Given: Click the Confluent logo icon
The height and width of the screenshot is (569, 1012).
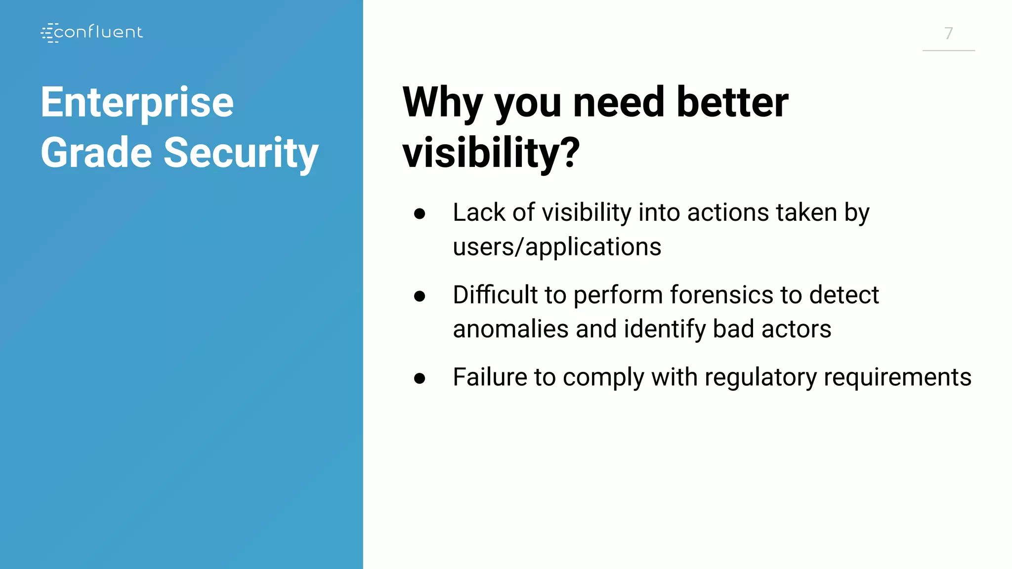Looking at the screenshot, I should coord(49,33).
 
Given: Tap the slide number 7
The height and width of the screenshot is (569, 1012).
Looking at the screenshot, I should coord(948,34).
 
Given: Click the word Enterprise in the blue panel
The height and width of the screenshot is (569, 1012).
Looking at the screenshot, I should coord(137,103).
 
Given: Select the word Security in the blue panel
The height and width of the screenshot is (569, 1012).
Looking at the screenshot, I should coord(241,153).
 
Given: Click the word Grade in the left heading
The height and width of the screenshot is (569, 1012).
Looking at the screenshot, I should coord(96,153).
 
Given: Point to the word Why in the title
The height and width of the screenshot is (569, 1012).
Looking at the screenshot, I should coord(442,103).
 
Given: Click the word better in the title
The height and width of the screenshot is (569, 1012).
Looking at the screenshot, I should coord(732,103).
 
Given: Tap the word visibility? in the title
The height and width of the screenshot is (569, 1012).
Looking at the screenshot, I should coord(491,153).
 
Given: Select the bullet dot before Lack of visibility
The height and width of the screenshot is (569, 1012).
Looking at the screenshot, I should coord(420,214).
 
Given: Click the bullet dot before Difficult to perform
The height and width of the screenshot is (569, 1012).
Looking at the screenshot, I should coord(420,296).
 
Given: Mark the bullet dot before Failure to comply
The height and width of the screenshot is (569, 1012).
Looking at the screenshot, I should coord(420,378).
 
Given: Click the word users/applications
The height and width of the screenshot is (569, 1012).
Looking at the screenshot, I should coord(557,247).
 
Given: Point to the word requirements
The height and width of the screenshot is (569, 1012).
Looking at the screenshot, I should coord(897,378).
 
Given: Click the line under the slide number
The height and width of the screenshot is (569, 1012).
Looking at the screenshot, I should coord(948,50).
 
